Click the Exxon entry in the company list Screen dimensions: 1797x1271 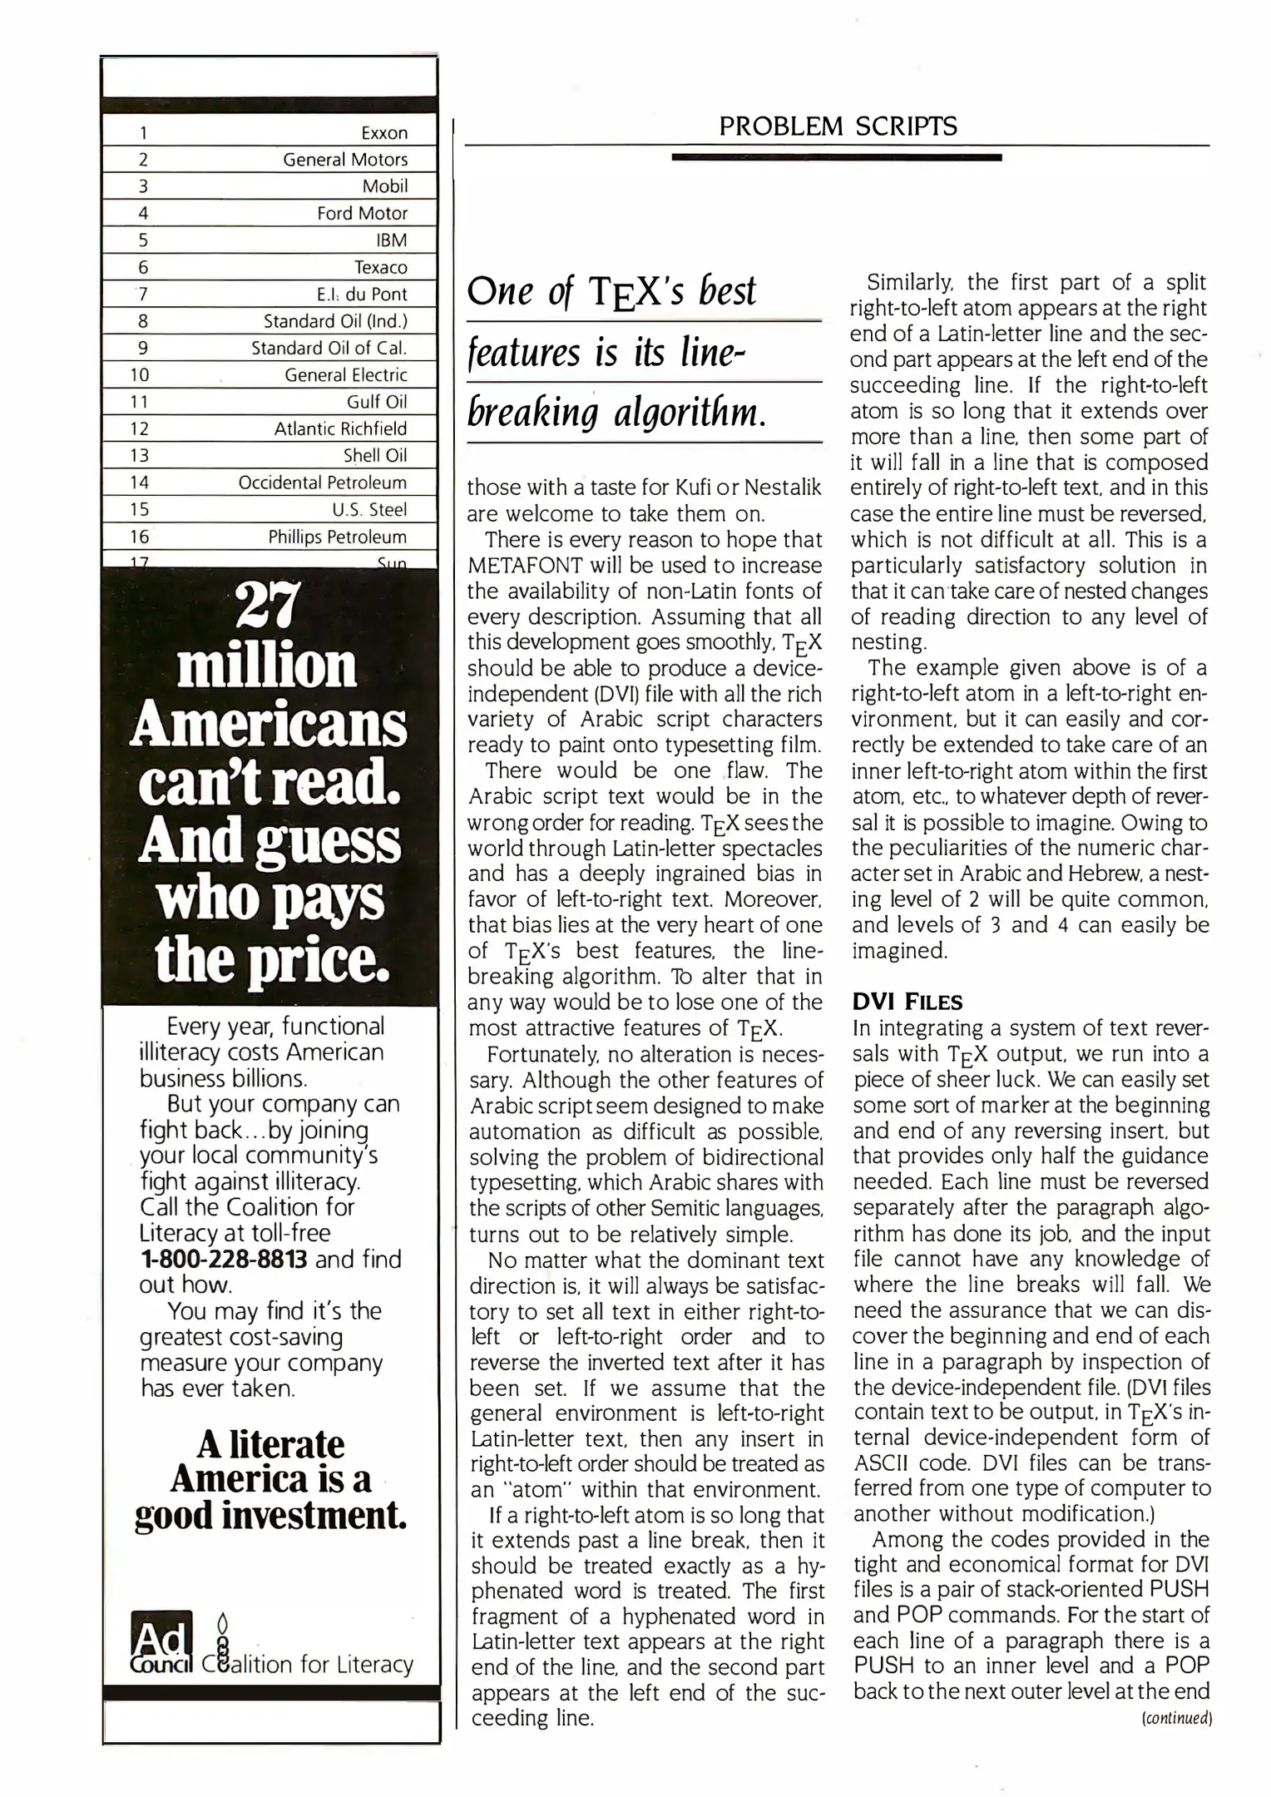tap(384, 133)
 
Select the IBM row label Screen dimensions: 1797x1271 tap(392, 240)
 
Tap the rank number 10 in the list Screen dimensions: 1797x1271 tap(140, 375)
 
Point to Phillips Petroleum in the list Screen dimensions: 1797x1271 tap(337, 537)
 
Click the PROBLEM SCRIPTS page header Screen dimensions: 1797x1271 tap(838, 126)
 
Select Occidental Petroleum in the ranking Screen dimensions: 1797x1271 tap(322, 483)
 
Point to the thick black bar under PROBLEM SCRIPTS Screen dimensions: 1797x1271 tap(836, 156)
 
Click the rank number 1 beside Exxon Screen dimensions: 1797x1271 tap(143, 133)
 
